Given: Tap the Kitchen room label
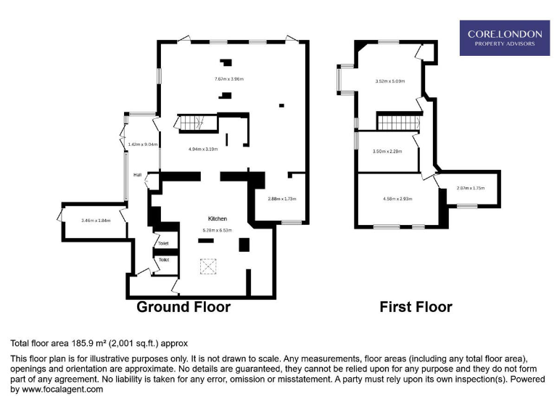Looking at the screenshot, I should coord(218,218).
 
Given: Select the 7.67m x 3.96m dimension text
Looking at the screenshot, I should coord(228,79).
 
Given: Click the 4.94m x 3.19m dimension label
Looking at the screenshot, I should coord(203,149).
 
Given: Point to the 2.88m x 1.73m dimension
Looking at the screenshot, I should coord(282,199).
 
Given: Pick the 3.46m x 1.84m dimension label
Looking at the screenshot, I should coord(96,221).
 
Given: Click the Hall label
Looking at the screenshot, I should coord(137,175).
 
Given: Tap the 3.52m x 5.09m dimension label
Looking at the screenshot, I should coord(389,81).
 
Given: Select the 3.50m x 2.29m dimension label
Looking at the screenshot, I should coord(387,152).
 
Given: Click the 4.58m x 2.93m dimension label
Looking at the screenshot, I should coord(397,199).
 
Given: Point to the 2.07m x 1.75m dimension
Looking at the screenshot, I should coord(470,188).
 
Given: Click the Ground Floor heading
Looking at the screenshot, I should coord(183,307).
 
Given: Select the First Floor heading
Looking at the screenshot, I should coord(416,307).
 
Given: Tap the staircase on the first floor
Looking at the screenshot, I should coord(398,123).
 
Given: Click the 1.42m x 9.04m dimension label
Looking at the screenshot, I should coord(143,144).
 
